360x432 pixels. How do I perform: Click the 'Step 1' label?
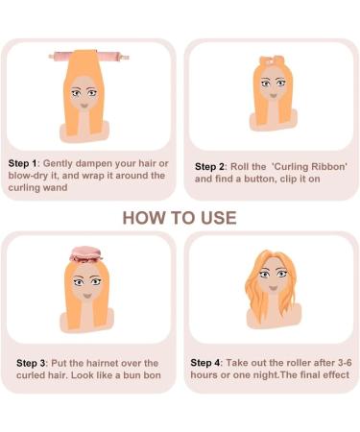coord(22,163)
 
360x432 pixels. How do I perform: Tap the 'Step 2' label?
coord(209,167)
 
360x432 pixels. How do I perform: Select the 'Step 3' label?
coord(31,363)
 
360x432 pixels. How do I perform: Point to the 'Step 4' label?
coord(205,363)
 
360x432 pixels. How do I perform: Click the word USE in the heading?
coord(219,218)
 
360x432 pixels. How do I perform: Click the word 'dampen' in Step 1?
coord(94,163)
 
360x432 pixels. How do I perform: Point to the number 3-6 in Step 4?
coord(345,363)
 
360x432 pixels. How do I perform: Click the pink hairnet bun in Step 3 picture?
coord(85,254)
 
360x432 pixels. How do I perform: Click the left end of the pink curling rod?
coord(51,57)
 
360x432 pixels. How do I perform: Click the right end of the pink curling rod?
coord(127,58)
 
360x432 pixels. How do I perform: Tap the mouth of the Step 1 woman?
coord(84,106)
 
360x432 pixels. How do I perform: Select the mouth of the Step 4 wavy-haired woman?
coord(273,288)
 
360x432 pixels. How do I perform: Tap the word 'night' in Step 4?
coord(264,375)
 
